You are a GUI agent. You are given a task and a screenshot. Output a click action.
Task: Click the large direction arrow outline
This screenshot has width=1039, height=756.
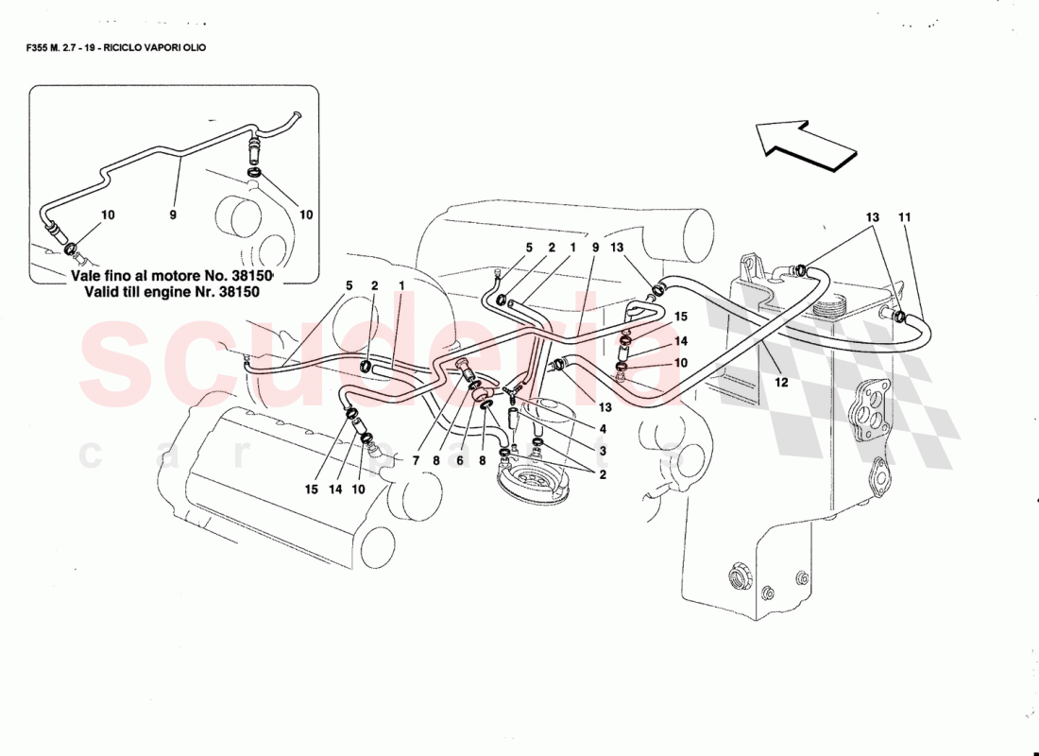pos(806,145)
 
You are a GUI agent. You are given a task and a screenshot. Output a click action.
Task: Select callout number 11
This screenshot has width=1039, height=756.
pos(904,217)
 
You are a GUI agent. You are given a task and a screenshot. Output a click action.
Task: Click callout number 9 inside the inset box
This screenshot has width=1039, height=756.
pos(173,215)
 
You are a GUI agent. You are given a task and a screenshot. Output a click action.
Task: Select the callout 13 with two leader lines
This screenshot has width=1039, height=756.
pos(872,217)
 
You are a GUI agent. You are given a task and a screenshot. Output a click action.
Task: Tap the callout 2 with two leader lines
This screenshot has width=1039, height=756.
pos(602,475)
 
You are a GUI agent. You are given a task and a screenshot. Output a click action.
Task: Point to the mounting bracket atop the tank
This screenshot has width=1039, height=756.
pos(753,266)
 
